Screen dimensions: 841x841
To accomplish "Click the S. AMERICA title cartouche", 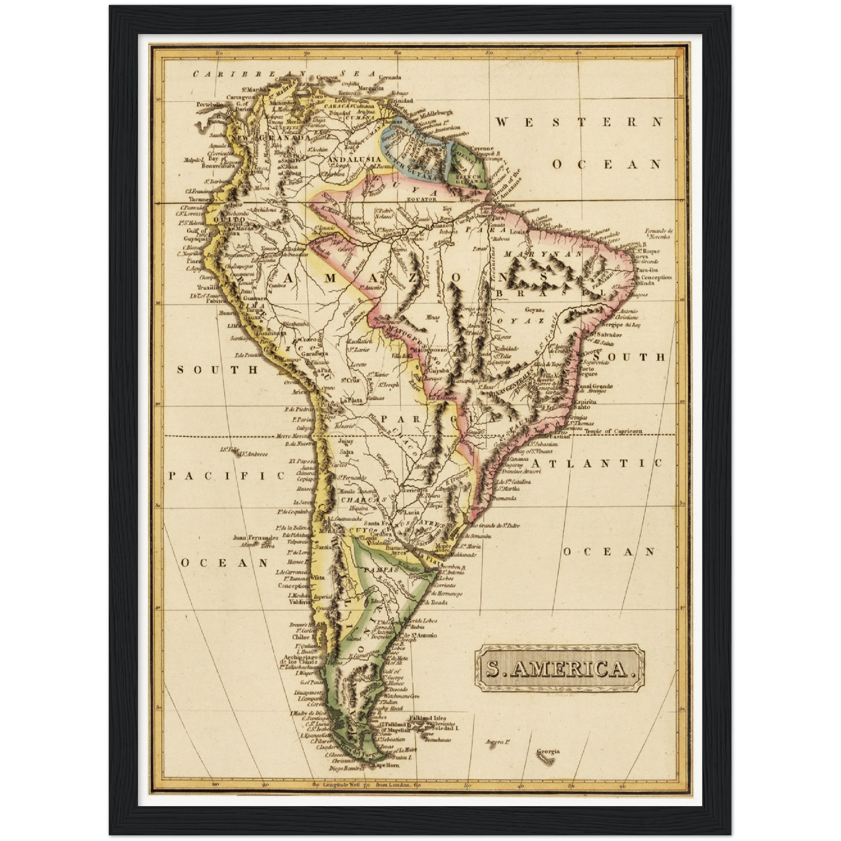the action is click(560, 668).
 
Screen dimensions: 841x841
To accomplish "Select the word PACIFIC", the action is click(226, 476).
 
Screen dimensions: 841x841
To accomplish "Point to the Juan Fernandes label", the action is click(254, 538).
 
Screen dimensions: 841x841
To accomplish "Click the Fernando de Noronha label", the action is click(658, 234).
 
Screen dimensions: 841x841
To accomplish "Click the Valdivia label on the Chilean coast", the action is click(301, 603).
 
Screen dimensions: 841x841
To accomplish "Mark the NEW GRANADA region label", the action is click(272, 139).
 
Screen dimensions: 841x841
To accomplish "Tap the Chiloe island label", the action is click(301, 637).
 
